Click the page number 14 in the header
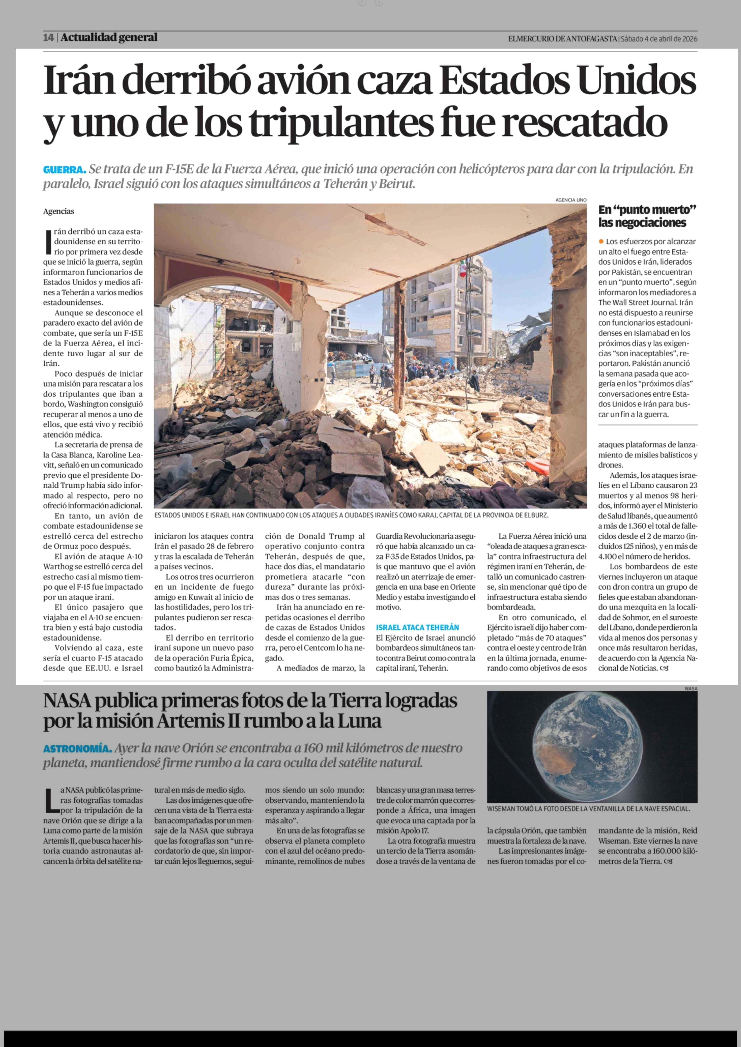[x=48, y=38]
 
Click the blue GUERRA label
[x=64, y=170]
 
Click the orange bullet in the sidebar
[x=601, y=241]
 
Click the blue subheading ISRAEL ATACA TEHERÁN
[x=417, y=627]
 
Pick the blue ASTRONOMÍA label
[x=77, y=749]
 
